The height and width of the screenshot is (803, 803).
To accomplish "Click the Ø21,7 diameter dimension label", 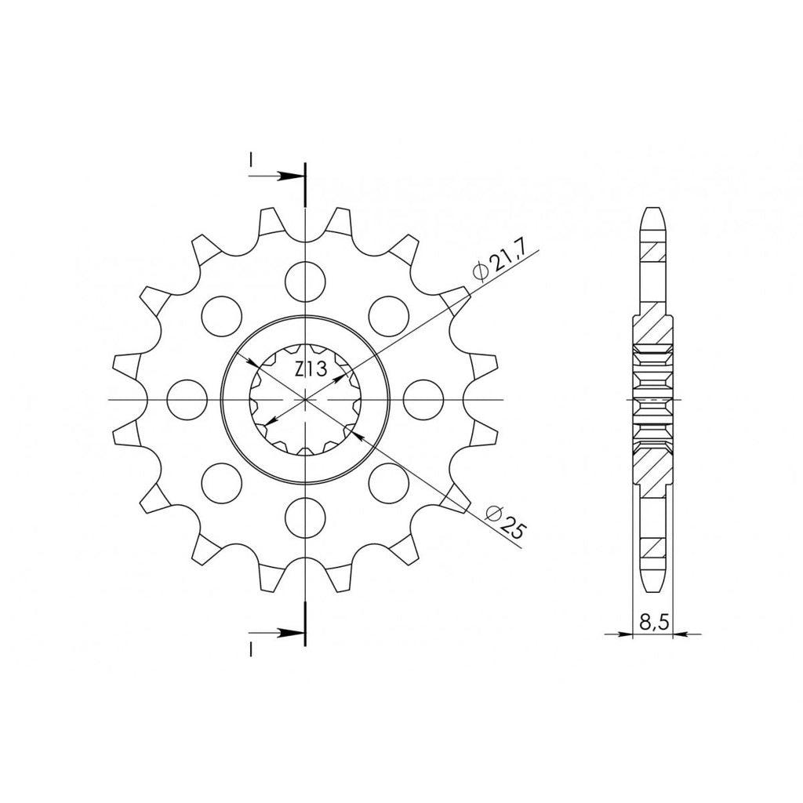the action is point(498,266).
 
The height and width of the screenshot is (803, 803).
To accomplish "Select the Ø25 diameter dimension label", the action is point(505,521).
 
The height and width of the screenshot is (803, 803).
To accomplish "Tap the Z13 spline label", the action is point(311,369).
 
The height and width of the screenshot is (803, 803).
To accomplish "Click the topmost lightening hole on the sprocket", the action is point(305,282).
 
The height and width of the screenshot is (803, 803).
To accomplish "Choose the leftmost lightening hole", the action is point(187,399).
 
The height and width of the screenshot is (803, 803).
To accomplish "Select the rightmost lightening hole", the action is point(423,399).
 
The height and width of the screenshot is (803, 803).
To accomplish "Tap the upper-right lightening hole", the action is point(389,316).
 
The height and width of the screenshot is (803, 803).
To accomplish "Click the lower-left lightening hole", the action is point(222,483).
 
